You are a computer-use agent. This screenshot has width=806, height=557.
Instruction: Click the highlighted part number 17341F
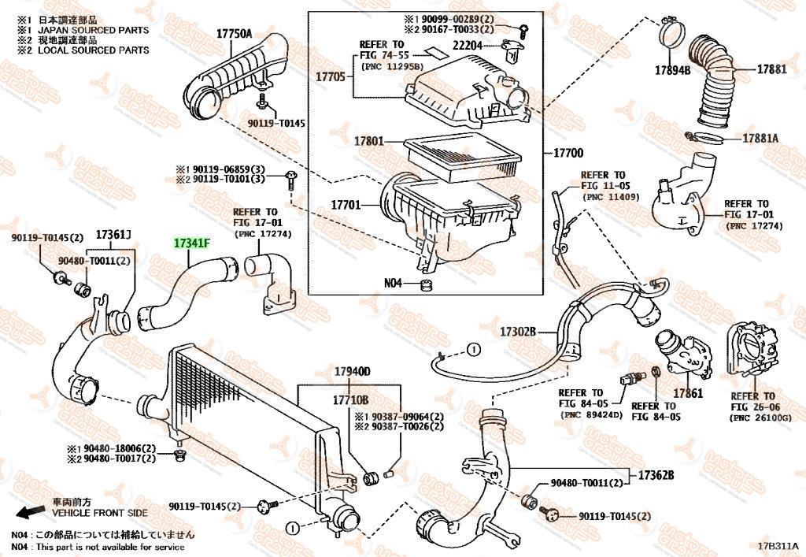click(x=192, y=243)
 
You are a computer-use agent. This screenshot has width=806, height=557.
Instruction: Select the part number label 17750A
click(x=234, y=33)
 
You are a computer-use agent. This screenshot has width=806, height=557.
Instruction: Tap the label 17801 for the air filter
click(x=368, y=142)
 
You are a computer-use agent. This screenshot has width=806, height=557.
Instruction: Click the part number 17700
click(x=568, y=153)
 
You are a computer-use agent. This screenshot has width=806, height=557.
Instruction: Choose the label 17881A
click(x=760, y=138)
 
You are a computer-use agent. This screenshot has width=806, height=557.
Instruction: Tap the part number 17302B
click(x=517, y=332)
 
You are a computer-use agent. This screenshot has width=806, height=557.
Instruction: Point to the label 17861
click(x=688, y=392)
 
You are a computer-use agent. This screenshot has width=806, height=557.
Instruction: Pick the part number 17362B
click(x=656, y=475)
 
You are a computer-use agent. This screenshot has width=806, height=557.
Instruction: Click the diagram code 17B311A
click(x=778, y=546)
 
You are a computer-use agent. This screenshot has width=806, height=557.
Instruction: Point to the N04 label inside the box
click(x=394, y=284)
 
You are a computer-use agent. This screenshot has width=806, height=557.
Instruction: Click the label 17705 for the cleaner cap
click(x=331, y=76)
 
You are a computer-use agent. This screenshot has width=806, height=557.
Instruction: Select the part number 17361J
click(x=113, y=234)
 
